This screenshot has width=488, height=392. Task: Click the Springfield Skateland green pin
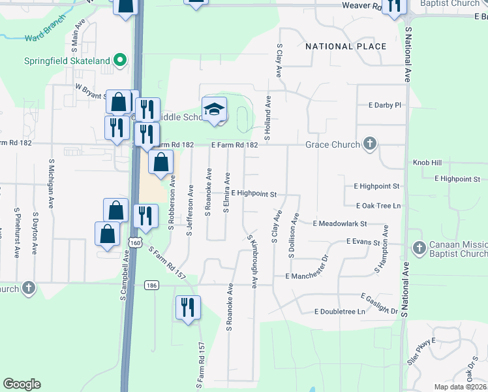click(x=120, y=61)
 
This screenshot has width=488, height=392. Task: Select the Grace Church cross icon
click(x=370, y=144)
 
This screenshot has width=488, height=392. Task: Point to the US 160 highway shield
click(x=135, y=242)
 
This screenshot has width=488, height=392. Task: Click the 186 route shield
click(x=151, y=285)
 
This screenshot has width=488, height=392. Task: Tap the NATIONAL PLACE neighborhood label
click(x=346, y=46)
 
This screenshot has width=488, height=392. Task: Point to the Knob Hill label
click(x=427, y=162)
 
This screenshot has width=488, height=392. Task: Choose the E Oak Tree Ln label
click(x=378, y=206)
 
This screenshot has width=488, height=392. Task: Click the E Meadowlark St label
click(x=340, y=223)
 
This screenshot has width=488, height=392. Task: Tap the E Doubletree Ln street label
click(x=339, y=312)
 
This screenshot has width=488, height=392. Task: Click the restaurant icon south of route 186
click(x=188, y=307)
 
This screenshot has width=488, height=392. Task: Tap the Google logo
click(x=22, y=384)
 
